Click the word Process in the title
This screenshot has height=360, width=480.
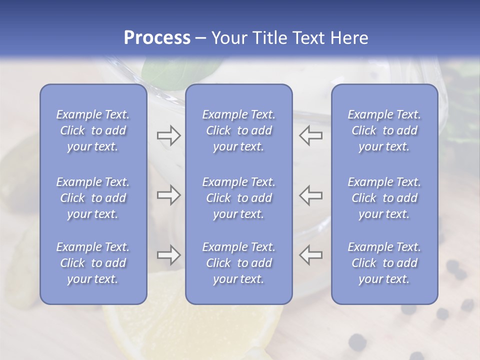point(157,38)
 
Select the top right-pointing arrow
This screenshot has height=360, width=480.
point(168,135)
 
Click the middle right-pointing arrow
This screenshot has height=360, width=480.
point(168,195)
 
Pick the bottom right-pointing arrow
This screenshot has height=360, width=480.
point(168,255)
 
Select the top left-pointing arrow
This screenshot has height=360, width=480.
point(310,135)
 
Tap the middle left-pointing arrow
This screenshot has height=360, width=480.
point(310,195)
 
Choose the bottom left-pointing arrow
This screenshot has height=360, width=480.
point(310,255)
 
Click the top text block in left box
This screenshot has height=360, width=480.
point(93,130)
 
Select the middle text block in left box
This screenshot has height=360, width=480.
point(93,198)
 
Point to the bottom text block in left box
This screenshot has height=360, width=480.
point(93,263)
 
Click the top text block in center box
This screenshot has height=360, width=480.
point(239,130)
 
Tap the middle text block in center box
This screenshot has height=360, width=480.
point(239,198)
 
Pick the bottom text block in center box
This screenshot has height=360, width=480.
point(239,263)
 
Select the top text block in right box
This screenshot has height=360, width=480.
point(384,130)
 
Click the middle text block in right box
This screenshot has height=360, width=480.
point(384,198)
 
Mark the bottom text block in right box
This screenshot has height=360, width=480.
point(384,263)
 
